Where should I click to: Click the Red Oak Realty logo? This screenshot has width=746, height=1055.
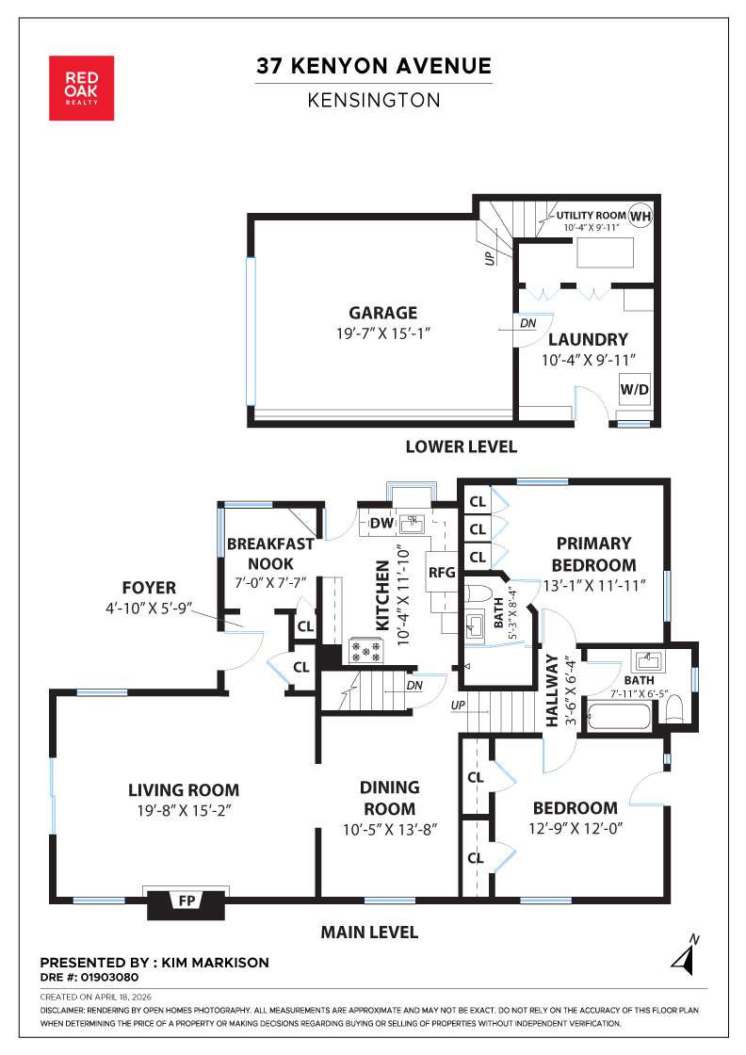[81, 88]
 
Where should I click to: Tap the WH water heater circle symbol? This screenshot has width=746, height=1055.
[641, 216]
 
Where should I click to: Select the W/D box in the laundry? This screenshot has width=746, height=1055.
[634, 389]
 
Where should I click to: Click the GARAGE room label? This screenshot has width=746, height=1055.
[382, 314]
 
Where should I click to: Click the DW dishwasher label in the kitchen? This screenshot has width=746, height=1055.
[381, 523]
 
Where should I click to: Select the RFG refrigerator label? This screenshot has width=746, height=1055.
[442, 572]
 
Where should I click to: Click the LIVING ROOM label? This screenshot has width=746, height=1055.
[184, 790]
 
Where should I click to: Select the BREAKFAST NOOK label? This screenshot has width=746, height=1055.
[270, 553]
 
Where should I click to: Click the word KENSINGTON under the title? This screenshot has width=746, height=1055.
[374, 100]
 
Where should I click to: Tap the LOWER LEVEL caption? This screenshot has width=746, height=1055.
[461, 446]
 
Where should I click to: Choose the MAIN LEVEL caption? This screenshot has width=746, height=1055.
[369, 933]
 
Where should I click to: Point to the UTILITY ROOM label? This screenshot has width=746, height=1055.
[591, 216]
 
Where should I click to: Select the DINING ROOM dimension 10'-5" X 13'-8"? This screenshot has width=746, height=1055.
[389, 830]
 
